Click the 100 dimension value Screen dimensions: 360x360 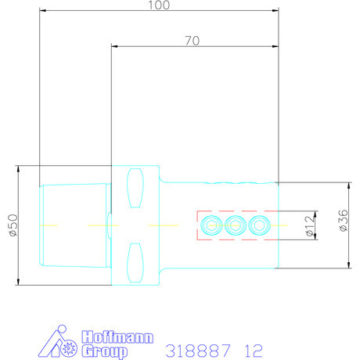(x=159, y=5)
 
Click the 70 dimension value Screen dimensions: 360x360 (x=193, y=41)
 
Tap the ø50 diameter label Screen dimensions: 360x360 (x=13, y=225)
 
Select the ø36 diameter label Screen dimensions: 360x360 (x=344, y=220)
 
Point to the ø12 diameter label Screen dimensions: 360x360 (x=310, y=225)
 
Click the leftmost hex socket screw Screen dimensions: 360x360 (x=211, y=225)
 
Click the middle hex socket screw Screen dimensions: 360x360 (x=236, y=225)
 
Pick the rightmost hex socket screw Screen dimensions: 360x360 (x=259, y=225)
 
